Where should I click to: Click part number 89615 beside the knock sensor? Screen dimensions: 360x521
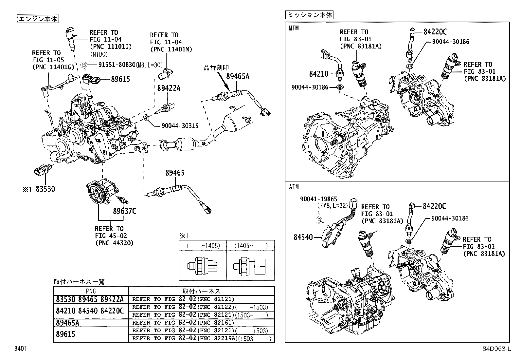coord(120,79)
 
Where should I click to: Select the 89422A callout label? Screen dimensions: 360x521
coord(169,88)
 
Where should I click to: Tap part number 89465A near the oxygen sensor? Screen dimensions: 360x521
coord(238,76)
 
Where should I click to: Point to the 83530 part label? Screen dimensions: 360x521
coord(45,189)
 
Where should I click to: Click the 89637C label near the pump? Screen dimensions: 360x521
coord(125,211)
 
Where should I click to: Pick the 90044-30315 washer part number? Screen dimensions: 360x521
coord(180,126)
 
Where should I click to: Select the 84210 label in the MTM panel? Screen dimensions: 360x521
coord(319,74)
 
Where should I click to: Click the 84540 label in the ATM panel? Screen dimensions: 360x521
coord(303,237)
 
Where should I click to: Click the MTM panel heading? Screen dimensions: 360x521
coord(294,28)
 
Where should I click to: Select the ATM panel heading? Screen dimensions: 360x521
coord(294,187)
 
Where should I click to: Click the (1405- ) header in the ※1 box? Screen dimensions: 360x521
coord(251,245)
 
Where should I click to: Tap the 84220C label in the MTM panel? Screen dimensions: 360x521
coord(435,32)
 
